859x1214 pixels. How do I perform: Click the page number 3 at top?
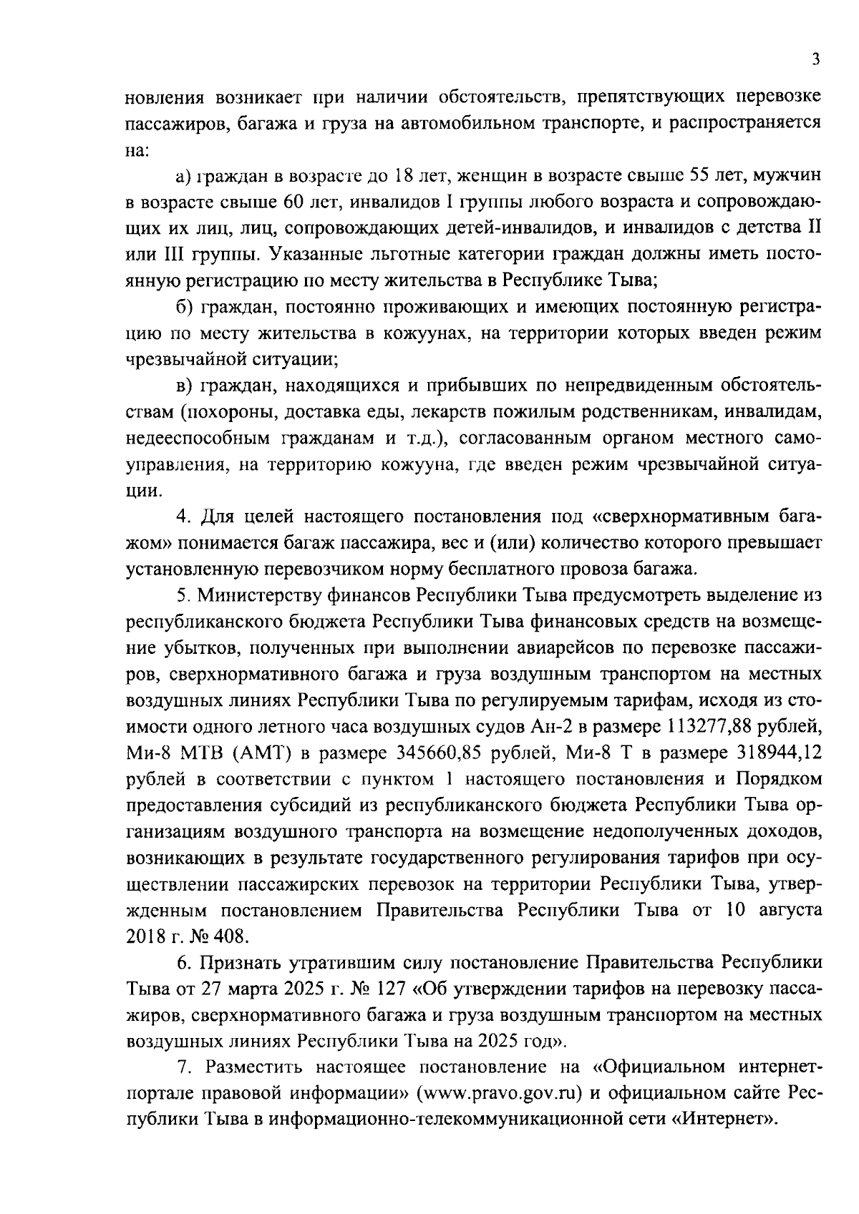point(816,60)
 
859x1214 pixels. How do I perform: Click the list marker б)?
point(185,307)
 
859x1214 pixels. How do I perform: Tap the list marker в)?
point(185,386)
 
